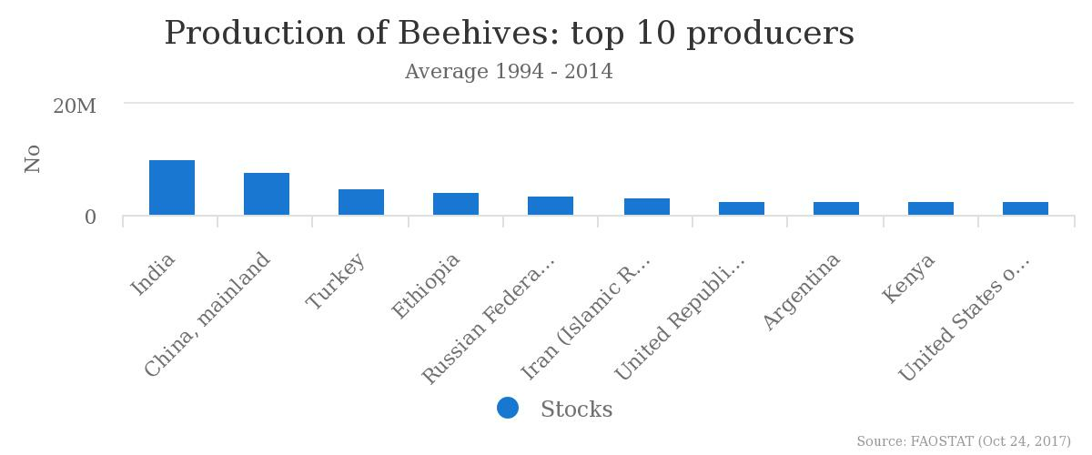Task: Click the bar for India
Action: coord(172,187)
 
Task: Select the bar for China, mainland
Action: coord(266,194)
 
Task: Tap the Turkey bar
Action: coord(360,202)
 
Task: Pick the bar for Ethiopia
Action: coord(456,204)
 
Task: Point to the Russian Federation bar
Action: coord(551,206)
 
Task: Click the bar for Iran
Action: coord(646,207)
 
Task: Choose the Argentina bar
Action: coord(836,208)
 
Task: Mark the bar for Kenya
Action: coord(931,208)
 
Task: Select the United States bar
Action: coord(1026,208)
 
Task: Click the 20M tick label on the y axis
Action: coord(75,106)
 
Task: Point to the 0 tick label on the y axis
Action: coord(90,217)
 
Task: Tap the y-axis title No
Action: coord(33,158)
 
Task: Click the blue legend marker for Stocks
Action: coord(508,408)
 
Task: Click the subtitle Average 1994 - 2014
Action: coord(509,71)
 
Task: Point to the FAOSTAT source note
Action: coord(964,440)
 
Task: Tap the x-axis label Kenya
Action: coord(908,278)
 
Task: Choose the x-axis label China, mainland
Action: coord(207,314)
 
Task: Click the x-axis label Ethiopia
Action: coord(425,287)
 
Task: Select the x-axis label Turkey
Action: coord(335,281)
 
